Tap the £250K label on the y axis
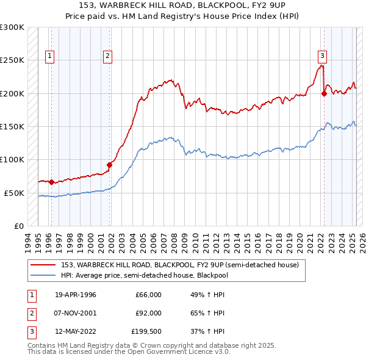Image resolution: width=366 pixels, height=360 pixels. (12, 60)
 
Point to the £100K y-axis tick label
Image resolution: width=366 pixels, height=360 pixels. (12, 160)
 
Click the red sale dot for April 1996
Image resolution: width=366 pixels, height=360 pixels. (52, 182)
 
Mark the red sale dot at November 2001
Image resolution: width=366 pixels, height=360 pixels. (110, 164)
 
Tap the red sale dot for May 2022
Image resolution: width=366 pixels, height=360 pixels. (324, 93)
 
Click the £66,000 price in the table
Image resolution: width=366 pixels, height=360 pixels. (148, 295)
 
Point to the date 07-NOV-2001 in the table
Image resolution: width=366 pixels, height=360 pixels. (76, 313)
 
